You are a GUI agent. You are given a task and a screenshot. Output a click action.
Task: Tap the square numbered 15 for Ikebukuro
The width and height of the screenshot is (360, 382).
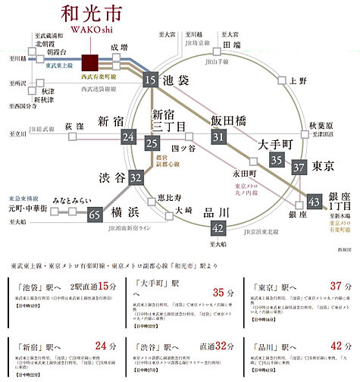(151, 80)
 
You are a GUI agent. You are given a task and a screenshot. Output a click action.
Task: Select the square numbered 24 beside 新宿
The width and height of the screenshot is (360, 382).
(128, 137)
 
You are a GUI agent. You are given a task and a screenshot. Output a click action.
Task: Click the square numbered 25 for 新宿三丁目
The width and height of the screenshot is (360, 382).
(152, 144)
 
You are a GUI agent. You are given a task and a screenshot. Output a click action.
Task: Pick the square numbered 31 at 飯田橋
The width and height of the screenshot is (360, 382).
(219, 137)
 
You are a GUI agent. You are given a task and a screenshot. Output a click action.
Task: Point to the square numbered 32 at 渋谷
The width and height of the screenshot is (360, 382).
(136, 177)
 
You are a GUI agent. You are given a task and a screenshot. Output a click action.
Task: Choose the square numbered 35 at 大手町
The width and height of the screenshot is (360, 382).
(277, 159)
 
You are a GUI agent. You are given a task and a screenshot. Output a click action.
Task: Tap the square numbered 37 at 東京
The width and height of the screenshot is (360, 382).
(299, 168)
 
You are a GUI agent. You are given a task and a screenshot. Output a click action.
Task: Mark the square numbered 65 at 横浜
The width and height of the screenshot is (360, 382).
(95, 214)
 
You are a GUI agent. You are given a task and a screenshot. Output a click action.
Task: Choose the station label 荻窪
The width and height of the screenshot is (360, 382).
(74, 126)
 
